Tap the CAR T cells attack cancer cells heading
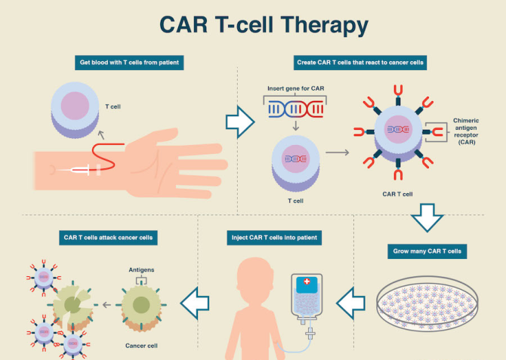(108, 238)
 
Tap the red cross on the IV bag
(307, 285)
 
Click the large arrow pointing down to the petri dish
(427, 218)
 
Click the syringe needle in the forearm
(79, 171)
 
